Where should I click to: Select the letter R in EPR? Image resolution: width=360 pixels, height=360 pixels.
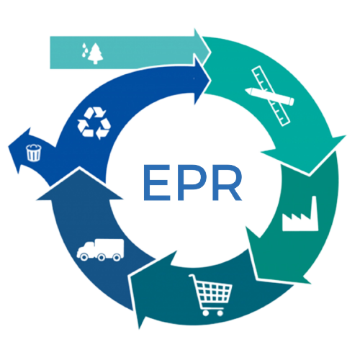tap(227, 182)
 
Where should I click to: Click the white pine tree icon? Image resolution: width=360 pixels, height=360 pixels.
tap(96, 53)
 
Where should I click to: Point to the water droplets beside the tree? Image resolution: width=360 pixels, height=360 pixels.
tap(84, 50)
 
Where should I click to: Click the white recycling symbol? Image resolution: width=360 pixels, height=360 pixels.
tap(94, 123)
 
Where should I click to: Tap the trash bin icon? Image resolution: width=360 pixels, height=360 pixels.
tap(34, 153)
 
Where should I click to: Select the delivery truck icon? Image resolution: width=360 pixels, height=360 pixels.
tap(100, 250)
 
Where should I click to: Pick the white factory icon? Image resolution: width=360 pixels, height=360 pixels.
tap(300, 214)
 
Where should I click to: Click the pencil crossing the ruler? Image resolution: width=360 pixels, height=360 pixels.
tap(269, 96)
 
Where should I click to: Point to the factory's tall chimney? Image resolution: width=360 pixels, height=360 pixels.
tap(315, 208)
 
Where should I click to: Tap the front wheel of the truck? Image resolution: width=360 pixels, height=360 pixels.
tap(84, 257)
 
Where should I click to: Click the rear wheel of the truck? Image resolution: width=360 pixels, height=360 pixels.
tap(117, 258)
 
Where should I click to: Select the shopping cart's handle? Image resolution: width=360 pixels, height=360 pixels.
tap(192, 276)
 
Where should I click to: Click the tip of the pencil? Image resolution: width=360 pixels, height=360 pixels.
tap(246, 91)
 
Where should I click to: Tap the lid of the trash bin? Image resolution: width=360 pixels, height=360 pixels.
tap(34, 147)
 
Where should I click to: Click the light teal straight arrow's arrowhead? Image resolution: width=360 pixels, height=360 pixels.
tap(203, 46)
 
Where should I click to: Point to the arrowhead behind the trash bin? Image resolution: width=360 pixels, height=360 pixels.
tap(19, 150)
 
